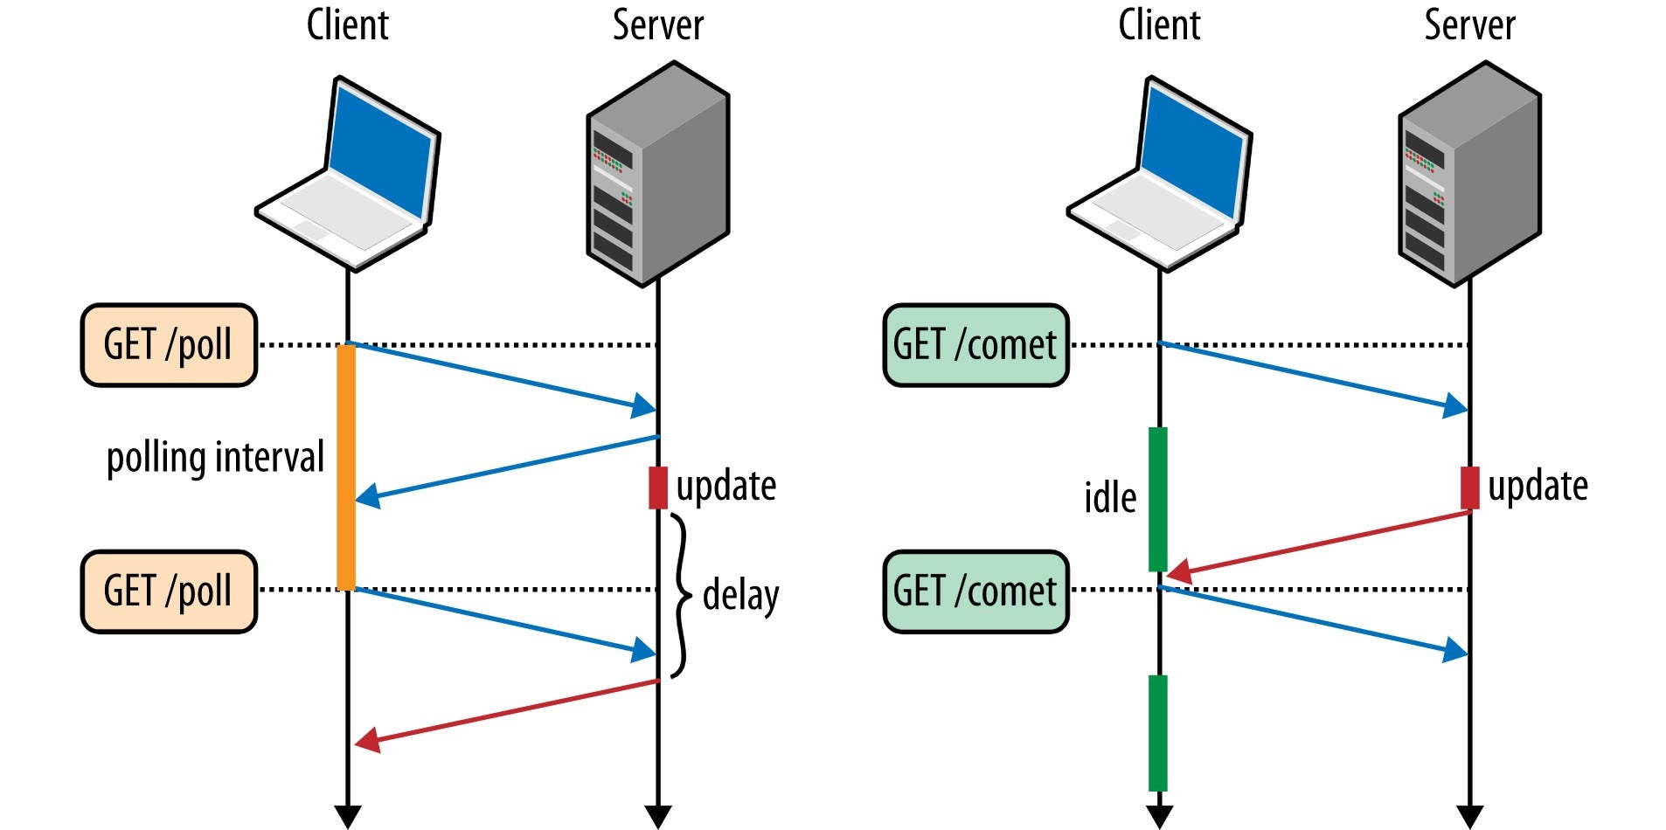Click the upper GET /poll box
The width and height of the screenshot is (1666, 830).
(169, 345)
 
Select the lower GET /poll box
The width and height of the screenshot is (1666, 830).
(169, 591)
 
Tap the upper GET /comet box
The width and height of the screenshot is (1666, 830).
(975, 345)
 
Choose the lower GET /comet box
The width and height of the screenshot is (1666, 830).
(975, 591)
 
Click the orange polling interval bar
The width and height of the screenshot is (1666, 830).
(346, 467)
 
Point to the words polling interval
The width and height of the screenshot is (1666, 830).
(215, 458)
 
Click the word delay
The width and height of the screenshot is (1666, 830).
(740, 596)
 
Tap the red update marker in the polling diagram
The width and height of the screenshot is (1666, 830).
(657, 488)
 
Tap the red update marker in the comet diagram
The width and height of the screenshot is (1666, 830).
(1469, 488)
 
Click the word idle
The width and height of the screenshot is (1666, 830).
(1110, 498)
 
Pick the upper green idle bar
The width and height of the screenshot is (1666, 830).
(1157, 499)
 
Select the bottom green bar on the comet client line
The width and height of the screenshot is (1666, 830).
(1157, 732)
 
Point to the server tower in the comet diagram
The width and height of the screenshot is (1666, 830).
(1468, 175)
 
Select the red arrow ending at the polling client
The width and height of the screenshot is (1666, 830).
(507, 713)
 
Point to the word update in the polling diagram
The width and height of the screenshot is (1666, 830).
(725, 487)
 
